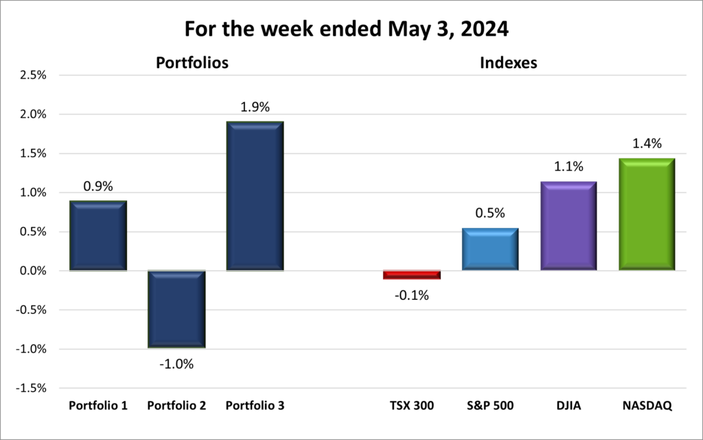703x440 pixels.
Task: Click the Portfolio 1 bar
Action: pyautogui.click(x=98, y=235)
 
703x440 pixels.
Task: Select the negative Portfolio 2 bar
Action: pyautogui.click(x=176, y=310)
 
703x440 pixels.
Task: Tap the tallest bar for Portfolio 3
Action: pyautogui.click(x=255, y=196)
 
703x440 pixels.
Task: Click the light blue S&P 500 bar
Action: pyautogui.click(x=489, y=249)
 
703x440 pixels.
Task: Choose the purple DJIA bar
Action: pyautogui.click(x=568, y=226)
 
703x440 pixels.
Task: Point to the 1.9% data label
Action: pyautogui.click(x=255, y=107)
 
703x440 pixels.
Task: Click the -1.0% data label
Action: pyautogui.click(x=176, y=364)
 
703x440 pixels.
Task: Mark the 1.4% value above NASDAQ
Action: pyautogui.click(x=647, y=143)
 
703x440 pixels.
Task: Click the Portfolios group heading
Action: pyautogui.click(x=192, y=63)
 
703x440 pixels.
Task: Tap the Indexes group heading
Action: pyautogui.click(x=508, y=63)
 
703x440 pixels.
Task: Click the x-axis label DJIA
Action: pyautogui.click(x=568, y=406)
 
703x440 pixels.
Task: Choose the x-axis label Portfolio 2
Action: pyautogui.click(x=176, y=406)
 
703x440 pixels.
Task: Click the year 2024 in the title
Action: pyautogui.click(x=494, y=30)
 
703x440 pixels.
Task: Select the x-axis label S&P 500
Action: pyautogui.click(x=489, y=406)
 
